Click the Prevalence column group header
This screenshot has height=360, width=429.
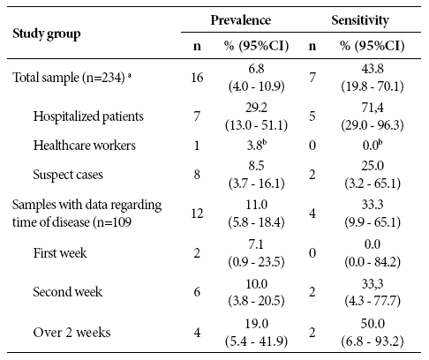(x=241, y=20)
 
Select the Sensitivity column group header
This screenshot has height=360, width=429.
(x=360, y=20)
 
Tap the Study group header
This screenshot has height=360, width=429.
(x=47, y=34)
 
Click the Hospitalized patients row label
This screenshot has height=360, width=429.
(x=88, y=116)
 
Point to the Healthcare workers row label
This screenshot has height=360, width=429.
(x=85, y=146)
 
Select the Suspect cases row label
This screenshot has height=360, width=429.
(x=68, y=175)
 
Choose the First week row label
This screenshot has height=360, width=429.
(x=60, y=253)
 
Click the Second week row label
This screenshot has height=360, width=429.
(x=68, y=292)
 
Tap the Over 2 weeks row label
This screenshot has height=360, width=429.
(x=71, y=333)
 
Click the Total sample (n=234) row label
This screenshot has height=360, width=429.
(x=71, y=78)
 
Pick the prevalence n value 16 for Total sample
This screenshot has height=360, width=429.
(x=197, y=78)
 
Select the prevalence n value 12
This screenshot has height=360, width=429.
(x=197, y=214)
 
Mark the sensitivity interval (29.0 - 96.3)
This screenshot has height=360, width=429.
(x=373, y=125)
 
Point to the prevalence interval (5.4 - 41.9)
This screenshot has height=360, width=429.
(x=256, y=341)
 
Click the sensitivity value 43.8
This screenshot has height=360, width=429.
(x=373, y=69)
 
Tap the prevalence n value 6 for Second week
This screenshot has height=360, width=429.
(x=197, y=292)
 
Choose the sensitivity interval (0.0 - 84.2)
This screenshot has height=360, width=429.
(x=373, y=262)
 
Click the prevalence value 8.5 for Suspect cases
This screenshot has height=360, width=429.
(x=256, y=166)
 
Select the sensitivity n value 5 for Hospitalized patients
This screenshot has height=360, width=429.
(x=312, y=116)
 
